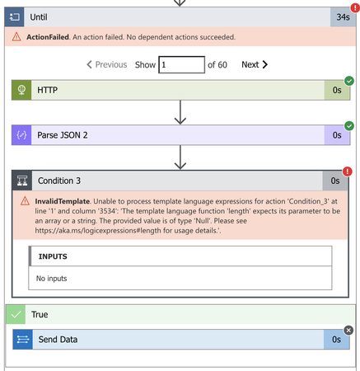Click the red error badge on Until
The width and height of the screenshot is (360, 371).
354,7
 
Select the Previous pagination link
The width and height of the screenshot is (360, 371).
107,64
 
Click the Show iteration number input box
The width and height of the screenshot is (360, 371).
181,64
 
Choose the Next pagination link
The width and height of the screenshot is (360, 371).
255,64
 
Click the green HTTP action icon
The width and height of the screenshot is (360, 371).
21,90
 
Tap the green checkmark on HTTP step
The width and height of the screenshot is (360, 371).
348,81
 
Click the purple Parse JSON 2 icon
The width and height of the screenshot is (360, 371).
21,135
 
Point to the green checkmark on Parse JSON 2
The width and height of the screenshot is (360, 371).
348,126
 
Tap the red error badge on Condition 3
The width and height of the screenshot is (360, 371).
348,171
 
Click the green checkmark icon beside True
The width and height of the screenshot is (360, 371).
16,315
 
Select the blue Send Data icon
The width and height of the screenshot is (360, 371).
23,339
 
